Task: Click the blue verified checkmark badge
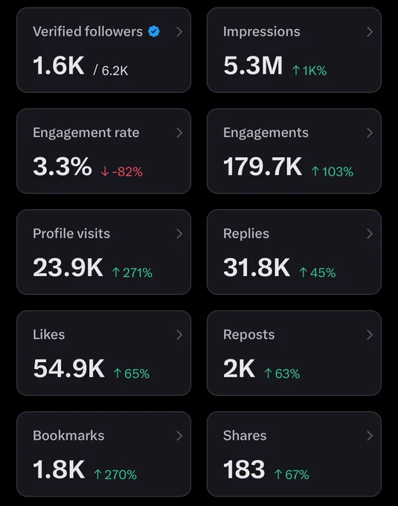click(154, 31)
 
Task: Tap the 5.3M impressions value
click(253, 65)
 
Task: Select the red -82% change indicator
click(122, 171)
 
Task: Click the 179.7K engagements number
click(263, 167)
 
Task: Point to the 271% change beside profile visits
click(132, 272)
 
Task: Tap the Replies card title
click(246, 234)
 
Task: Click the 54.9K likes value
click(68, 368)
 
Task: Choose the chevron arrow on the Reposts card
click(370, 335)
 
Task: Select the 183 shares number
click(244, 470)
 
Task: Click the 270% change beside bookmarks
click(115, 475)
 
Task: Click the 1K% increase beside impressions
click(309, 71)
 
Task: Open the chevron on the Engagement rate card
click(179, 133)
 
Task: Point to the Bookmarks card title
click(68, 435)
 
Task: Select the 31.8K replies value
click(257, 268)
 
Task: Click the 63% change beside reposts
click(282, 374)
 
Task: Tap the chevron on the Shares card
click(370, 436)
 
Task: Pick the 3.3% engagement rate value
click(62, 167)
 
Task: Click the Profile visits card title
click(71, 234)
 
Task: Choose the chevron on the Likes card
click(179, 335)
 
